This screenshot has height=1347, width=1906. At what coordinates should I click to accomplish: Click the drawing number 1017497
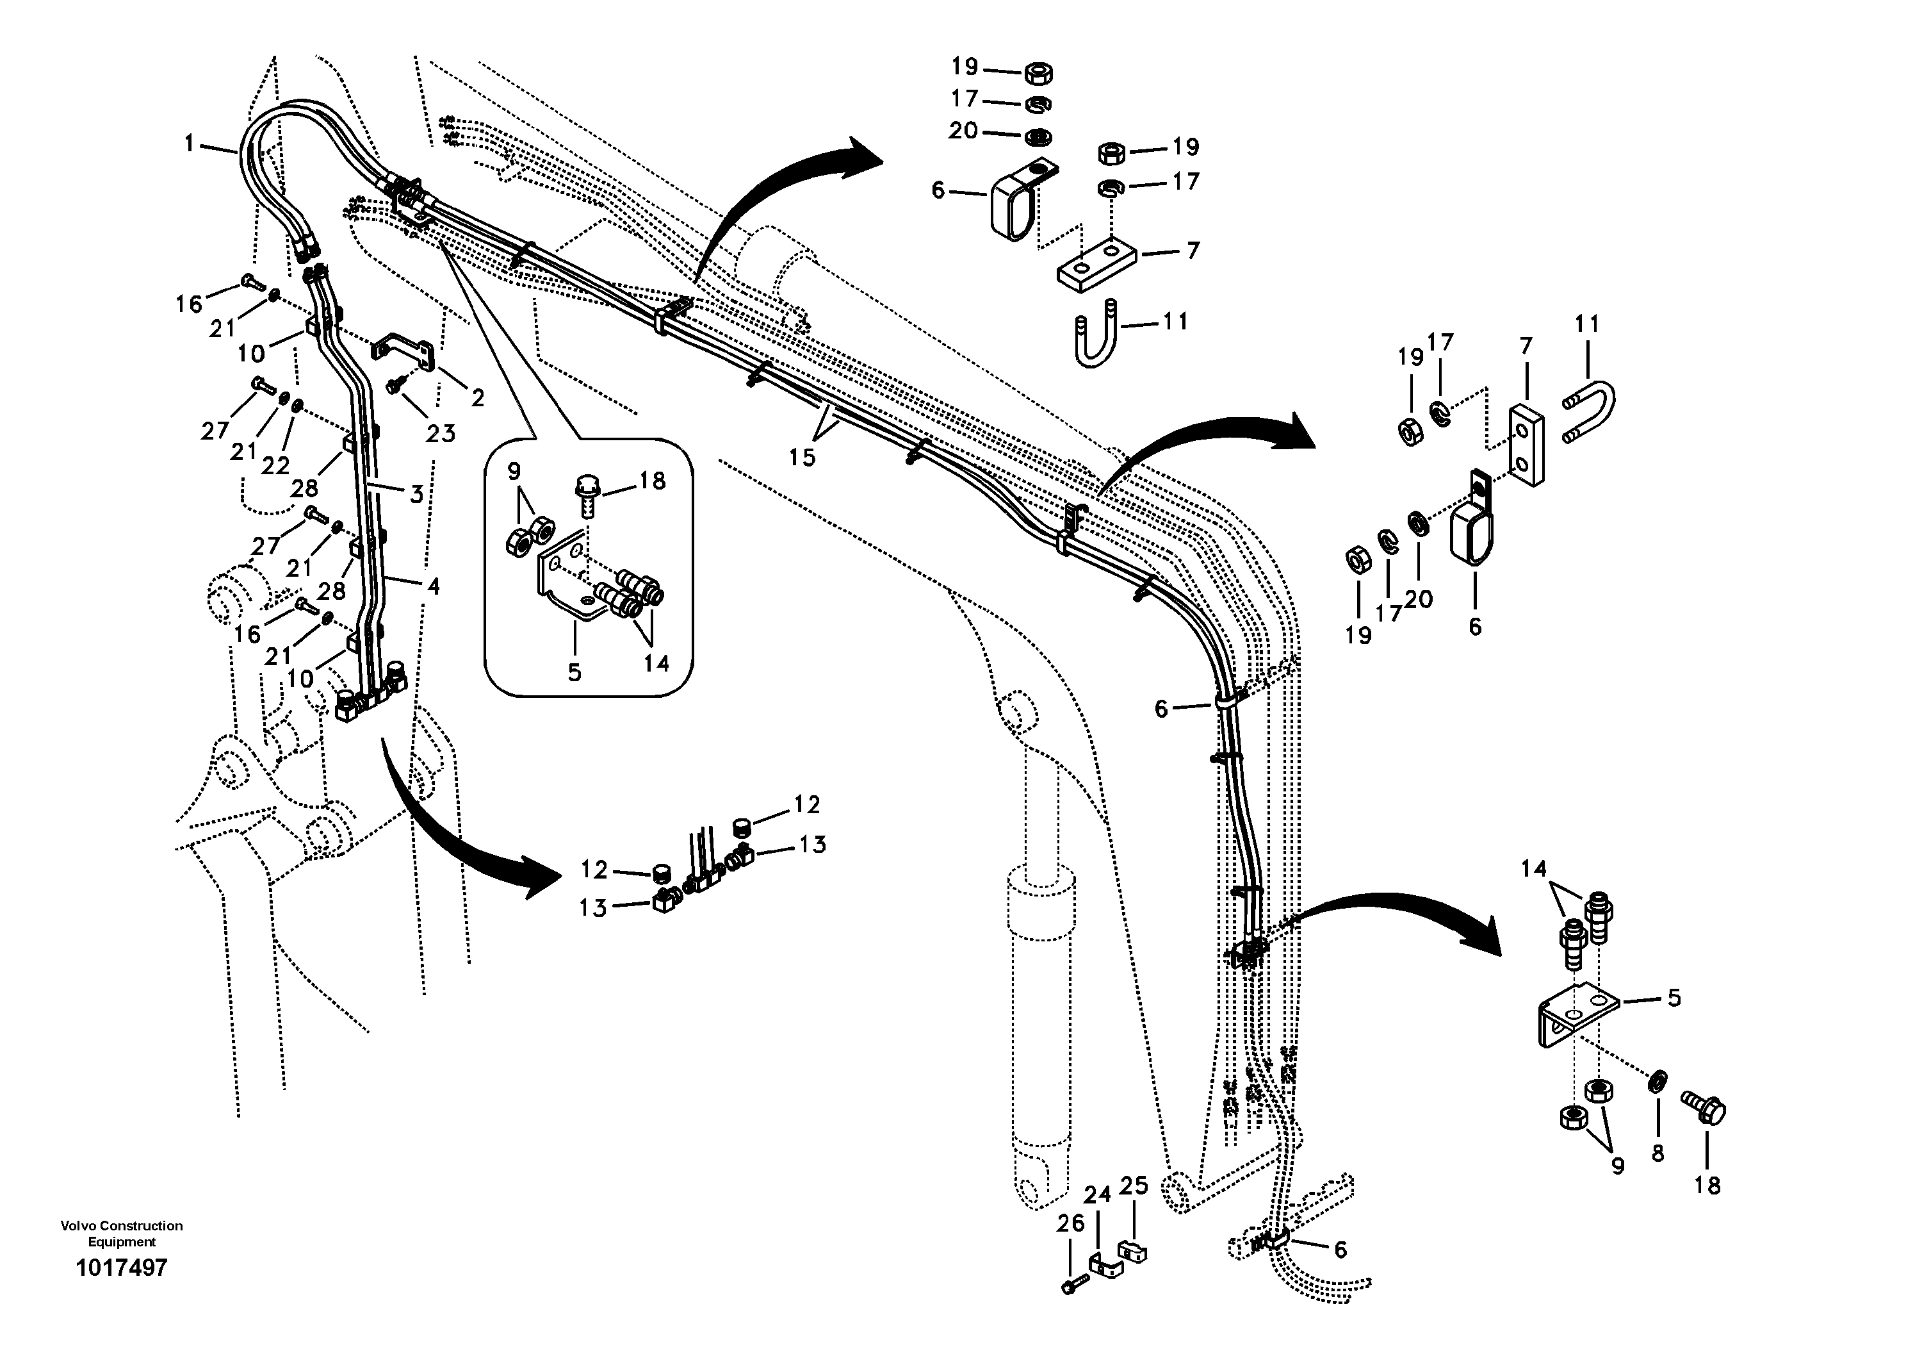pyautogui.click(x=121, y=1268)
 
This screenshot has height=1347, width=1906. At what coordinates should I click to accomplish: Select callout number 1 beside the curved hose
pyautogui.click(x=190, y=144)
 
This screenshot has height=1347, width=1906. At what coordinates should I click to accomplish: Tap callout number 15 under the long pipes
pyautogui.click(x=802, y=457)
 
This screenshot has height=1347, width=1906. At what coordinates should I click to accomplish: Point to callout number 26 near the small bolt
pyautogui.click(x=1071, y=1223)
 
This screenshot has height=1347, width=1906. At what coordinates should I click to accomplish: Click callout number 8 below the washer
pyautogui.click(x=1657, y=1153)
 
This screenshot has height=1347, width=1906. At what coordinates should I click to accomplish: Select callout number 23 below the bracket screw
pyautogui.click(x=441, y=433)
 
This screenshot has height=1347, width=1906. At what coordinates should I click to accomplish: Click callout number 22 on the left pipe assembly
pyautogui.click(x=275, y=465)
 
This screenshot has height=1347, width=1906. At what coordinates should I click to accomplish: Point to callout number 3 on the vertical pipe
pyautogui.click(x=417, y=494)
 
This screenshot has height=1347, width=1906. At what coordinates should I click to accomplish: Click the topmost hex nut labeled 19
pyautogui.click(x=1039, y=73)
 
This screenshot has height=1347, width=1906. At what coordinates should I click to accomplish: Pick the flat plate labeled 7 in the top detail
pyautogui.click(x=1096, y=266)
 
